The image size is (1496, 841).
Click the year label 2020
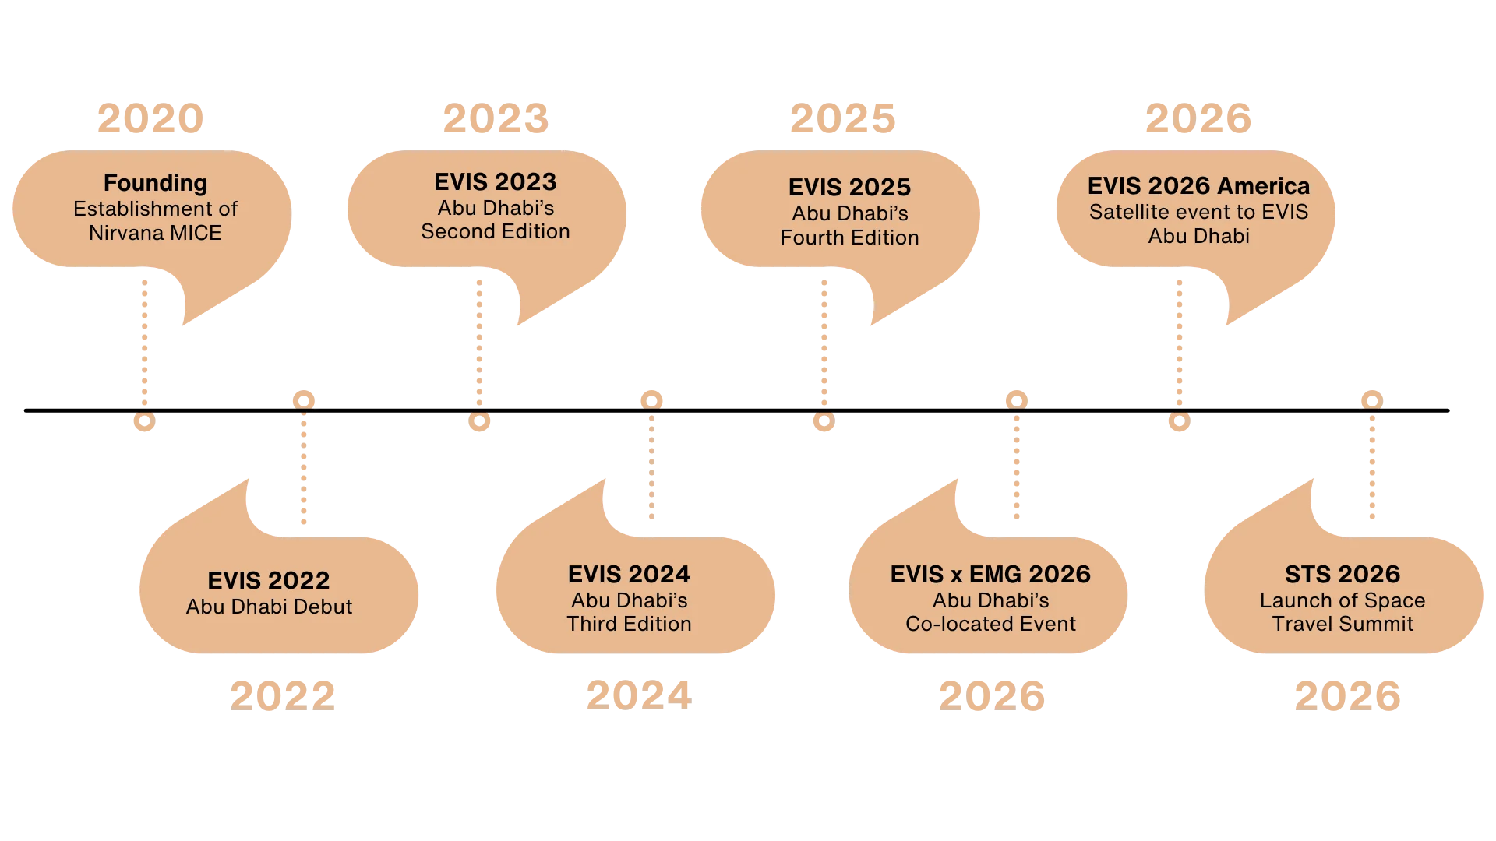coord(150,118)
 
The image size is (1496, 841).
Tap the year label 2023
coord(496,118)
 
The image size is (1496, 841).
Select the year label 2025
coord(843,118)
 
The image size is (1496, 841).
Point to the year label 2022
coord(283,696)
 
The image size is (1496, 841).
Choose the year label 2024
coord(639,695)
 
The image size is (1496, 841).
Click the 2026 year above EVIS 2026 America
coord(1198,118)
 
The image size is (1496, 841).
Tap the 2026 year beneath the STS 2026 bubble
coord(1348,696)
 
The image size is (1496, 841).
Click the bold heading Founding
coord(156,183)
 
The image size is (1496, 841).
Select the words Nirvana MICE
coord(155,233)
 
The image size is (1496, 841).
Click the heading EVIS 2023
coord(496,181)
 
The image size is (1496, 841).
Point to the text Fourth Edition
coord(850,238)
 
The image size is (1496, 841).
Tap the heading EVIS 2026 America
coord(1199,185)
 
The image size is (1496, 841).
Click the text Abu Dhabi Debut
coord(269,607)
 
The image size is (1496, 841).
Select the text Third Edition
coord(630,624)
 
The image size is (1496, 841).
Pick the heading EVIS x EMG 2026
coord(990,574)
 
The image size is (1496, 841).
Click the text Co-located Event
coord(990,624)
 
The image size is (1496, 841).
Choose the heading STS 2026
coord(1343,574)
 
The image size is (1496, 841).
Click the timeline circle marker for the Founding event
coord(145,421)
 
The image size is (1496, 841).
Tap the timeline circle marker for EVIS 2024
coord(651,400)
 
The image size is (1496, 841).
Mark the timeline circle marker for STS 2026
coord(1372,400)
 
